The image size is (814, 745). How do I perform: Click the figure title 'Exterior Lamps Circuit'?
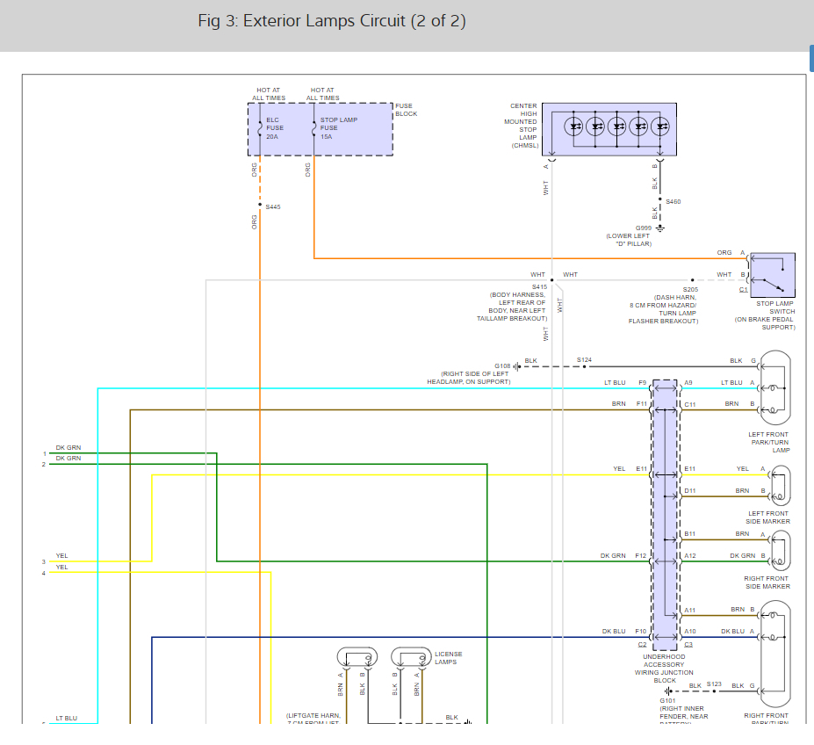tap(332, 22)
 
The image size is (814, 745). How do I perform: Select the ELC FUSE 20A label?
tap(275, 128)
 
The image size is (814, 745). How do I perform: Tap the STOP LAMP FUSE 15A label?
tap(338, 128)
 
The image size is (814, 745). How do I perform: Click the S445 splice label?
tap(273, 207)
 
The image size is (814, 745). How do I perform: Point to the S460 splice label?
tap(673, 202)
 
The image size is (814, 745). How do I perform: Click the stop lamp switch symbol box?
tap(772, 275)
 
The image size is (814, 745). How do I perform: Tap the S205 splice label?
tap(690, 289)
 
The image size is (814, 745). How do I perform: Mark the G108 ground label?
tap(502, 365)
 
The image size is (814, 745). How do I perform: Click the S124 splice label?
tap(584, 359)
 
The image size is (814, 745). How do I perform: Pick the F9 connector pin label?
tap(643, 382)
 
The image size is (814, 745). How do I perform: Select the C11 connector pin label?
tap(689, 403)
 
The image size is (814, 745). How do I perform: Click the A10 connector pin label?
tap(689, 631)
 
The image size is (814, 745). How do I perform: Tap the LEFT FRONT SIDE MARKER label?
tap(767, 517)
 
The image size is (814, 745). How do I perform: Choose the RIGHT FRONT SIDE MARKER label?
tap(767, 582)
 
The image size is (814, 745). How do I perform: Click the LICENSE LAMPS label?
tap(448, 658)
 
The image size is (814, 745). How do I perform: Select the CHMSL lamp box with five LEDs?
tap(609, 130)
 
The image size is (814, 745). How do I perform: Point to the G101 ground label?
tap(667, 700)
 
